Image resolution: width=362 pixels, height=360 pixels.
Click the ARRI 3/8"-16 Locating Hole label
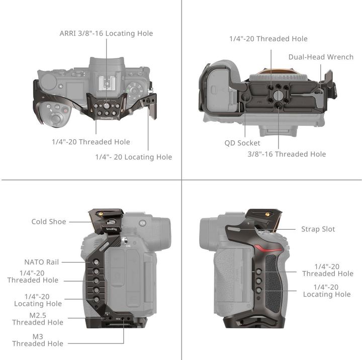(106, 34)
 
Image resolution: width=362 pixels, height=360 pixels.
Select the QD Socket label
(242, 143)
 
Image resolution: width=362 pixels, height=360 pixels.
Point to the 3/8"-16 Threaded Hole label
(287, 154)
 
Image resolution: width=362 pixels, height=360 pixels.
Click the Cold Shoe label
(48, 221)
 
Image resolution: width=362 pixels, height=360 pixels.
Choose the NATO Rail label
(41, 262)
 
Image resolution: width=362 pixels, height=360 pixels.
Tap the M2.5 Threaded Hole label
(38, 319)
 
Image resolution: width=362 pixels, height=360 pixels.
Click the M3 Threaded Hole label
(38, 340)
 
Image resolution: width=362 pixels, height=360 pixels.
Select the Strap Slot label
(318, 229)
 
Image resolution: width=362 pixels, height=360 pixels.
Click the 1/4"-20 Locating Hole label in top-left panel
(134, 157)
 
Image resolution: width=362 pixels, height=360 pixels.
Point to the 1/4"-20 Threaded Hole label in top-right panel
(268, 39)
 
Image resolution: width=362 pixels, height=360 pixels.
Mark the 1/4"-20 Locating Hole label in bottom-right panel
(327, 290)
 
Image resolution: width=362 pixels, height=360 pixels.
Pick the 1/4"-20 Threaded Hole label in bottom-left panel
(33, 277)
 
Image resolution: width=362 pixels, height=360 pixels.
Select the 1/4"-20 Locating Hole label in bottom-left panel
(38, 300)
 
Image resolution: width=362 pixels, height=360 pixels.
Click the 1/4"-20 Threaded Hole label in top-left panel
(91, 142)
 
